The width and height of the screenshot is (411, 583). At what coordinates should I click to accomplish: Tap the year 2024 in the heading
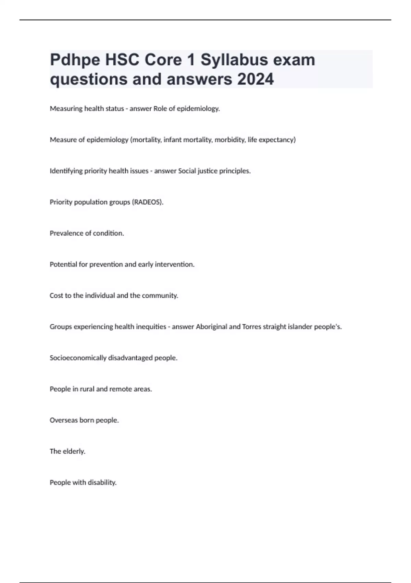(255, 79)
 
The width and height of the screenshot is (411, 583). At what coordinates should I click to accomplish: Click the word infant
(173, 140)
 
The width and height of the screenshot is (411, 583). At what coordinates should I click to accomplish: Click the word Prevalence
(66, 234)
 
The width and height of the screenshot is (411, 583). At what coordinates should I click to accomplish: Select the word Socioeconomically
(78, 358)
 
